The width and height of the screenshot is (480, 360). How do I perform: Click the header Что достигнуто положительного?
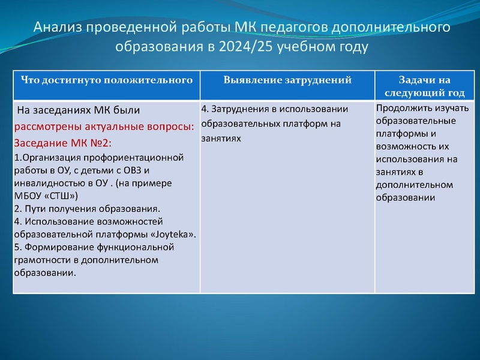click(107, 80)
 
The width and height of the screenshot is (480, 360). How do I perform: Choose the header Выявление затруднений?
click(287, 80)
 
